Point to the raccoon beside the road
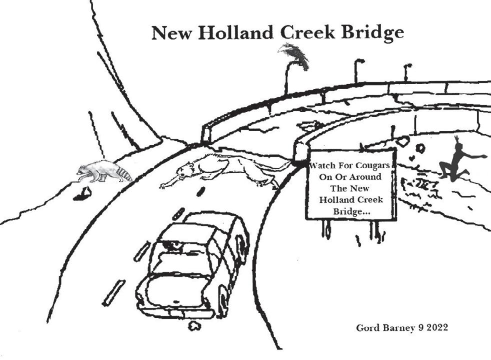point(102,171)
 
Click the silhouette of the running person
point(457,160)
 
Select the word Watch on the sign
point(325,165)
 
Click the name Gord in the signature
point(366,328)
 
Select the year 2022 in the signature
point(435,328)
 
